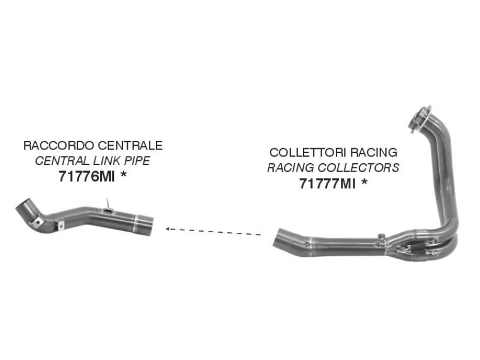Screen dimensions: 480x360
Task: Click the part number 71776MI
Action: [x=86, y=176]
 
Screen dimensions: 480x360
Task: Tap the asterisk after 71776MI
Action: [x=124, y=175]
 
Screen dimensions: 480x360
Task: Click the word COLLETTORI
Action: [x=308, y=152]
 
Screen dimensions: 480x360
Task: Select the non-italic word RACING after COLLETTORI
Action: [x=374, y=152]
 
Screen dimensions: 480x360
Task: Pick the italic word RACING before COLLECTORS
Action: [x=291, y=168]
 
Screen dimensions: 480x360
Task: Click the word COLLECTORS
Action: [x=358, y=168]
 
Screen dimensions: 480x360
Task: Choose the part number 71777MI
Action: [x=328, y=184]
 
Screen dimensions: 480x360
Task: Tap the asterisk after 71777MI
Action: [x=364, y=182]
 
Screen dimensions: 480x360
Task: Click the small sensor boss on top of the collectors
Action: [x=381, y=236]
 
